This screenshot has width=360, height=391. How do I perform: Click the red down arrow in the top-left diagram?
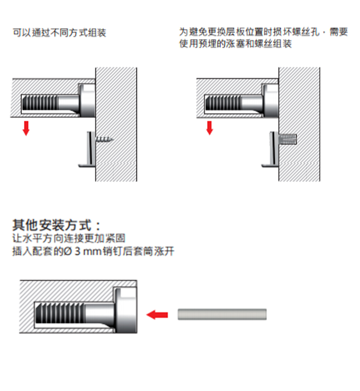click(x=26, y=127)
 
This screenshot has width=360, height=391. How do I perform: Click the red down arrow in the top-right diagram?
click(x=210, y=127)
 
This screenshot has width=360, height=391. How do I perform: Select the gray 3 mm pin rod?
click(x=222, y=314)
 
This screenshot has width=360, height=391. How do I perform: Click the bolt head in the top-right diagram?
click(x=271, y=100)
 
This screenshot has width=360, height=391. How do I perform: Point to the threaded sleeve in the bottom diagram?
click(x=60, y=315)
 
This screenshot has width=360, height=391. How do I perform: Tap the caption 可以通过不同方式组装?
click(x=59, y=33)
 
